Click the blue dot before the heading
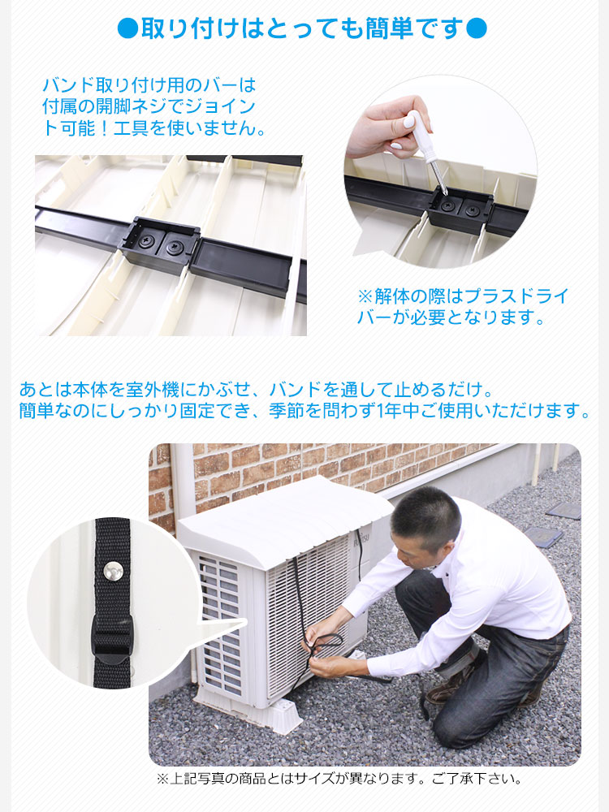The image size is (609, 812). point(128,28)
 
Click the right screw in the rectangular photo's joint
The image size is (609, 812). point(175,244)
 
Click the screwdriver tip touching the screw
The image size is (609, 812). point(443,196)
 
